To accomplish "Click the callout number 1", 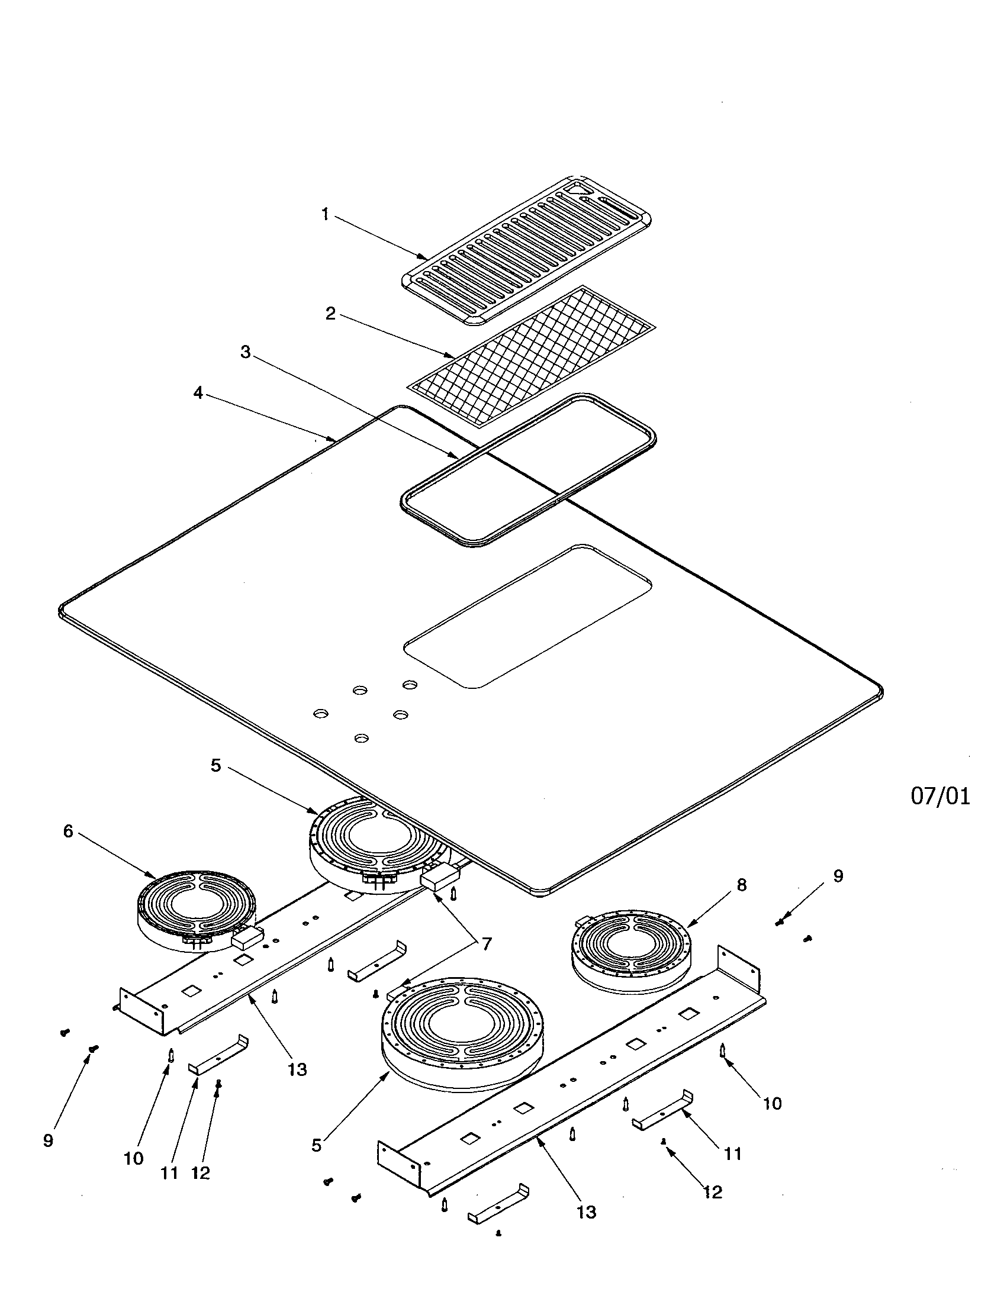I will point(325,214).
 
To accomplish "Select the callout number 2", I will point(330,314).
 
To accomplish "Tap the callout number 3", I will point(245,352).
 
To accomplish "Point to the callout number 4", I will point(198,393).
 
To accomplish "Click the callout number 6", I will point(68,831).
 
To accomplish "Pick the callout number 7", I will point(487,944).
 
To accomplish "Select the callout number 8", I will point(741,885).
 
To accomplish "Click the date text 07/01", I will point(940,797).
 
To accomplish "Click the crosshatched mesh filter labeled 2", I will point(530,356).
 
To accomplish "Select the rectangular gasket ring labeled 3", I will point(527,470).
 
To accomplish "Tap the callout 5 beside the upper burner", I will point(216,765).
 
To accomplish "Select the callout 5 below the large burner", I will point(317,1145).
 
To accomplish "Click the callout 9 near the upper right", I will point(838,876).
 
